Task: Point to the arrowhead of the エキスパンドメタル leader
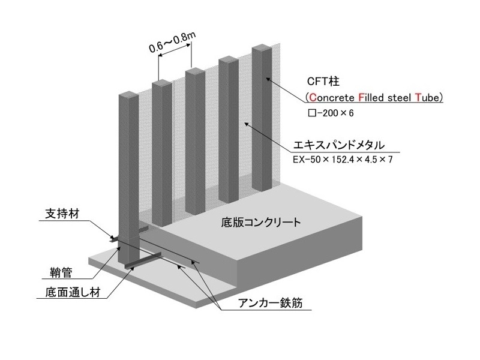pyautogui.click(x=244, y=123)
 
